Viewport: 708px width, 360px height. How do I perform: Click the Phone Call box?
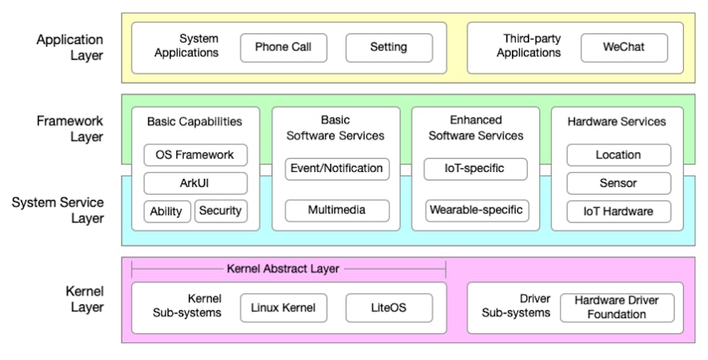click(x=283, y=47)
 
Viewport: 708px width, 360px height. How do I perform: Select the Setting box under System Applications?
click(x=389, y=47)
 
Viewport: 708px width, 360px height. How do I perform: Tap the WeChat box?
click(x=624, y=47)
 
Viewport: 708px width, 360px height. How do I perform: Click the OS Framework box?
click(x=195, y=155)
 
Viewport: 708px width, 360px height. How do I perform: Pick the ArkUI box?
click(x=195, y=183)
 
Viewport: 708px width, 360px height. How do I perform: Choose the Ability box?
click(x=167, y=211)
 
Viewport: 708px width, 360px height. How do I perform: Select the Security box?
click(x=221, y=211)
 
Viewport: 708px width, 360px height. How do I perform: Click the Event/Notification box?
click(x=337, y=169)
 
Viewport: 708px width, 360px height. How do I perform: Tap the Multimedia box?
click(x=337, y=210)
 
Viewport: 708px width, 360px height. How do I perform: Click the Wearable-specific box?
click(x=476, y=210)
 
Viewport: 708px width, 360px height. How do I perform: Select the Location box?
click(x=618, y=155)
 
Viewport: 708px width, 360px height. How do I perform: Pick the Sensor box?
click(x=618, y=184)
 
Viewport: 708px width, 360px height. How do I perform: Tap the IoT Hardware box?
click(x=618, y=211)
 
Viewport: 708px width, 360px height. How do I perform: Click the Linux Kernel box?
click(x=283, y=308)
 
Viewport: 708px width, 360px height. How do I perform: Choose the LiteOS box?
click(x=389, y=308)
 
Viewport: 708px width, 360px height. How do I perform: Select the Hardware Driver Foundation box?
click(x=616, y=308)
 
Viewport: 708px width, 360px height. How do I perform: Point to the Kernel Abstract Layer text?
click(x=283, y=269)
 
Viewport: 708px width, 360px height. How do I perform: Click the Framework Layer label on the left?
click(x=70, y=129)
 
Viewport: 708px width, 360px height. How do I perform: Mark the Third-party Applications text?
click(x=528, y=46)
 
